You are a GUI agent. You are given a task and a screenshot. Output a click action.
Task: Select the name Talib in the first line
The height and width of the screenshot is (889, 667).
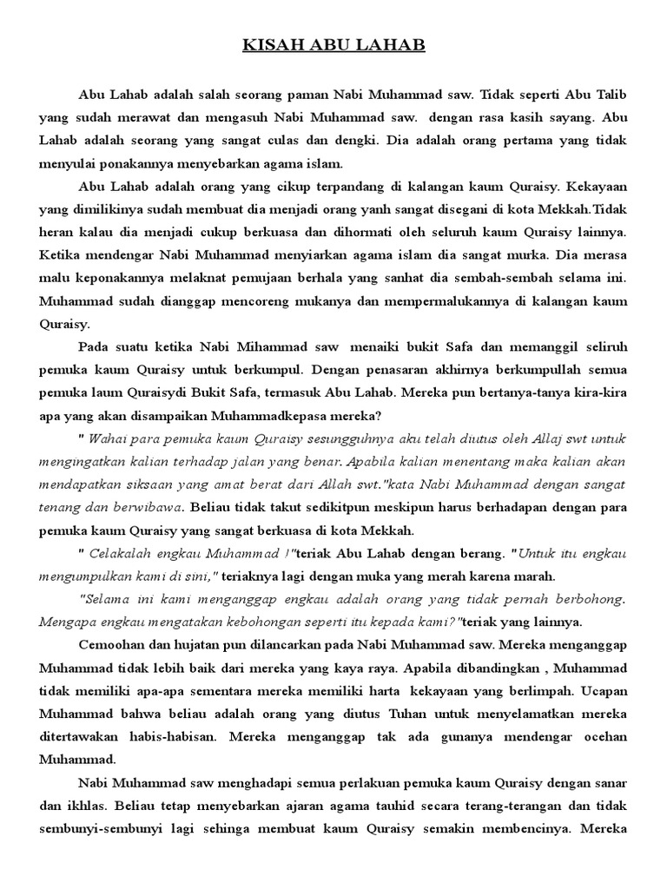[x=611, y=94]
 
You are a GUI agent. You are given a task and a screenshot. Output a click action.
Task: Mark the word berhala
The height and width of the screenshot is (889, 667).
[x=370, y=280]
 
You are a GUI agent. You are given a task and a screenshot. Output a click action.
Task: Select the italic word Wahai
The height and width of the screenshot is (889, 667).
[x=114, y=436]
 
